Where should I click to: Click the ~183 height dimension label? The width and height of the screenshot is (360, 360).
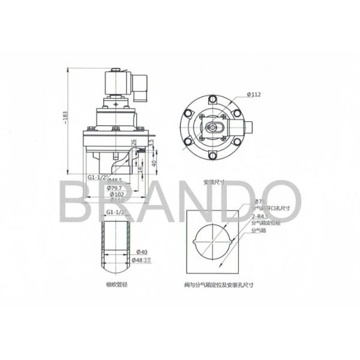pos(67,118)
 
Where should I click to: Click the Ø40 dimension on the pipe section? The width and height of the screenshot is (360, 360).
pos(142,251)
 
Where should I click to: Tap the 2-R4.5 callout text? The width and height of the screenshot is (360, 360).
pos(260,216)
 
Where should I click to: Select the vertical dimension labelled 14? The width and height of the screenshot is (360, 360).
pos(139,170)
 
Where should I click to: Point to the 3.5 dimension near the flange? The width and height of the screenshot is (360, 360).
pos(151,143)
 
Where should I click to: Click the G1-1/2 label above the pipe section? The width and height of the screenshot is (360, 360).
pos(115,212)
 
